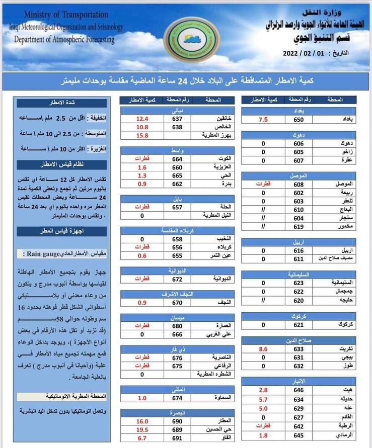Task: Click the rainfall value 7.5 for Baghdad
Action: (263, 119)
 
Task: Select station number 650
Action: (299, 119)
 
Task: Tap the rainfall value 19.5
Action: (142, 429)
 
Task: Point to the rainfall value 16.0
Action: (142, 421)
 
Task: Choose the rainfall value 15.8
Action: (142, 135)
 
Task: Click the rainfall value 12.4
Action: (142, 118)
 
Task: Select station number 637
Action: (177, 118)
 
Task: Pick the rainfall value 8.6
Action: (263, 348)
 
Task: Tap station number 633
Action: (299, 348)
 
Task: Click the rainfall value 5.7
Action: (263, 399)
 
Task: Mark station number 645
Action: (299, 434)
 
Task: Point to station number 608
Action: (299, 184)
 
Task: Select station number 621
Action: (299, 325)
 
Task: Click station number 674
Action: (177, 398)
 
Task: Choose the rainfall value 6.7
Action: (142, 438)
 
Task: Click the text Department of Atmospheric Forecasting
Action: (64, 39)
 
